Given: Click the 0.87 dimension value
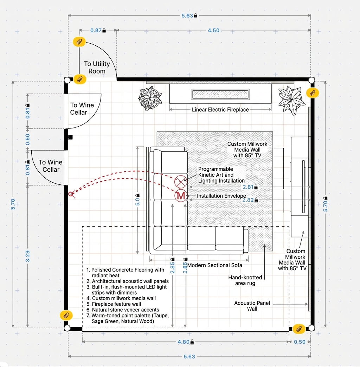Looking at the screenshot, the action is coord(96,30).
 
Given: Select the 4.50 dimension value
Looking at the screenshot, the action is coord(213,30).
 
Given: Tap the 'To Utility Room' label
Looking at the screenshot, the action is coord(97,68).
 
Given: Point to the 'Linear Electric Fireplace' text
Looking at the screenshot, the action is coord(220,109).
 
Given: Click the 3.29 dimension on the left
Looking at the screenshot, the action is coord(28,256).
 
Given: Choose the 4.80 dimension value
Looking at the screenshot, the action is coord(184,342).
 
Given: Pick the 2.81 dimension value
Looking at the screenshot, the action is coord(248,187).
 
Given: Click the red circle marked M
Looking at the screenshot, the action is coord(181,196).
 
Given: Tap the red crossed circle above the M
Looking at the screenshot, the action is coord(181,182).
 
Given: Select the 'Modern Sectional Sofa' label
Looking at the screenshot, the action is coord(214,265).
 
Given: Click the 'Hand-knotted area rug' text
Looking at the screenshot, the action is coord(245,280).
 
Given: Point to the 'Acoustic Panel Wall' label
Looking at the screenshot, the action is coord(252,306).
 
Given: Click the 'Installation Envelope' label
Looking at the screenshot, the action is coord(221,196).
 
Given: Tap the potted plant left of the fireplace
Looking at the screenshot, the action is coord(150,99).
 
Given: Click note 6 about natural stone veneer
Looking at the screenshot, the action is coord(123,310).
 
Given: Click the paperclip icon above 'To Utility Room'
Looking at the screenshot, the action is coord(79,42).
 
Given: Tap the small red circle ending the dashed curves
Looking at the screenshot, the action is coord(70,194).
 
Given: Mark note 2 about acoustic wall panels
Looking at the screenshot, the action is coord(128,281).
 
